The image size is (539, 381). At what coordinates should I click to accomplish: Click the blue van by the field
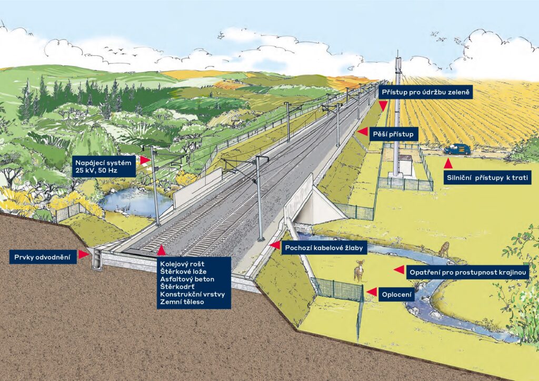[456, 149]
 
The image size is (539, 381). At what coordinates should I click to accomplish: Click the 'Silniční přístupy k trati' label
[486, 178]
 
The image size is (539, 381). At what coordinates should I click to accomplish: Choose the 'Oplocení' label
[397, 295]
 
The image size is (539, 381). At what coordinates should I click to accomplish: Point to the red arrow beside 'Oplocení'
[372, 292]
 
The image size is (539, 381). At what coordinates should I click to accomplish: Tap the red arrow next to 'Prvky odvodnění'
[83, 255]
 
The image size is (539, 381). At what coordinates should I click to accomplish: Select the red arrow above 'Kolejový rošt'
[162, 250]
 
